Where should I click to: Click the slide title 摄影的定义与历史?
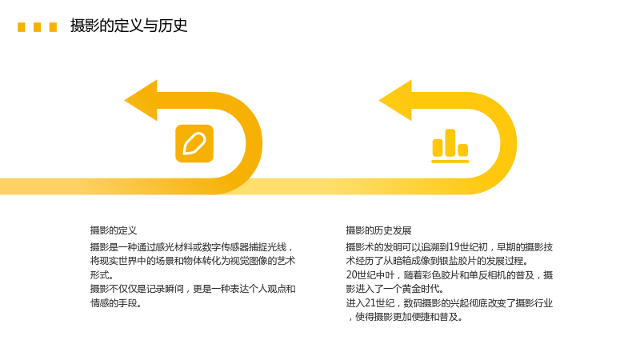click(129, 26)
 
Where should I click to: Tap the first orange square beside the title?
click(22, 27)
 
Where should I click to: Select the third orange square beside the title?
click(53, 27)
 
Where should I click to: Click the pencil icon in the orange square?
click(194, 144)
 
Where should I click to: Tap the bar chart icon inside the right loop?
click(450, 146)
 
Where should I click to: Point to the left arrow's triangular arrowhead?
click(141, 101)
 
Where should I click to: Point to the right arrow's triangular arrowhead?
click(395, 101)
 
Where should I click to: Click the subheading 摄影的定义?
click(114, 230)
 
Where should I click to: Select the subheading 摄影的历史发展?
click(378, 230)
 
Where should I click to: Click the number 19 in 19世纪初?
click(454, 247)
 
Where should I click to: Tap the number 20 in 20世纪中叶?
click(351, 275)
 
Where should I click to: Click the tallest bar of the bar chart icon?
click(450, 143)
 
